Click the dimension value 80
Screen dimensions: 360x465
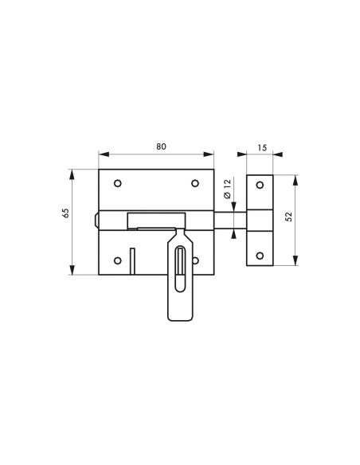162,147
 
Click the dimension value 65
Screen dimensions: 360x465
66,213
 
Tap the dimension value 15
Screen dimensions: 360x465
263,147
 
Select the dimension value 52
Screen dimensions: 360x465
288,217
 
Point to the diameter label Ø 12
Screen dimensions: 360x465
228,189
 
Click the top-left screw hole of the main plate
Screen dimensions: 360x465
118,184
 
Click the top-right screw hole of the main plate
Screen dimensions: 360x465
195,184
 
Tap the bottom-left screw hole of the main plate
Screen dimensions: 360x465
118,260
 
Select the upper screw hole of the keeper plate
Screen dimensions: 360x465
260,185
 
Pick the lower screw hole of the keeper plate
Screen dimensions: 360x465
260,256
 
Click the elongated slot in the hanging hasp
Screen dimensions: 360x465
180,268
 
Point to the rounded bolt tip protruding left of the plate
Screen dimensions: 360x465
96,220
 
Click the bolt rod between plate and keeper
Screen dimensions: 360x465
230,221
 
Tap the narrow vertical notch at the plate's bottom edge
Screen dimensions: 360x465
132,261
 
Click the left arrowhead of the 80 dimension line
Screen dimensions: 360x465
104,154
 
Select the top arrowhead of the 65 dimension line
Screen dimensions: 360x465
72,174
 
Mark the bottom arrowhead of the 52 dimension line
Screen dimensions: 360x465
295,260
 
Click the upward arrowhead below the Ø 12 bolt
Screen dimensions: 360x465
234,234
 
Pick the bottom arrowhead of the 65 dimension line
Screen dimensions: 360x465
72,269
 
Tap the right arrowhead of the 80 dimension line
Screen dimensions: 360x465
208,154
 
